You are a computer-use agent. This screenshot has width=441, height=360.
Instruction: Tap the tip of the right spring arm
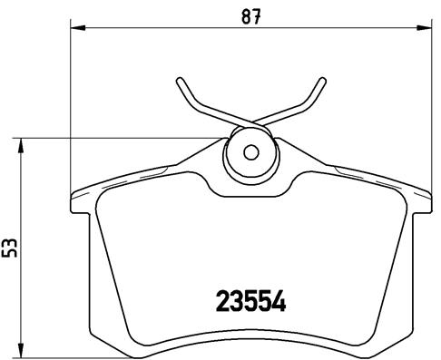pyautogui.click(x=321, y=81)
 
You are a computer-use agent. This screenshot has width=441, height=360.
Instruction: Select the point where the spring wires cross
pyautogui.click(x=250, y=122)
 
